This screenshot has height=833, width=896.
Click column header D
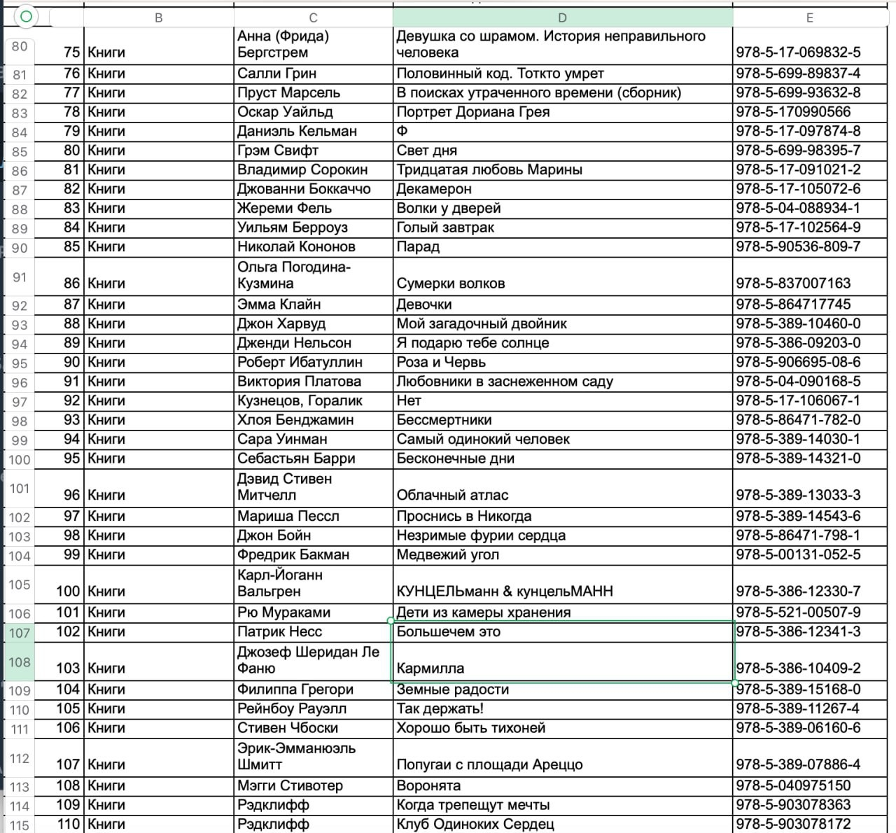(562, 17)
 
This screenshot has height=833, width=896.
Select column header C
(313, 17)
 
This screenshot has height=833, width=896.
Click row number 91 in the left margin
(20, 277)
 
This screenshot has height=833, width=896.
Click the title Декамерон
(434, 189)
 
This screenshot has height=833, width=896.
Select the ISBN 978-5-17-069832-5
(798, 52)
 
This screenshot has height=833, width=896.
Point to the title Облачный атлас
(452, 495)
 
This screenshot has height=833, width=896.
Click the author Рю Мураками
(283, 612)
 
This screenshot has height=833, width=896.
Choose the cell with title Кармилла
(430, 668)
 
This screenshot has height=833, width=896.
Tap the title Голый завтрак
(445, 227)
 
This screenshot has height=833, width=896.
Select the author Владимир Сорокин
(302, 169)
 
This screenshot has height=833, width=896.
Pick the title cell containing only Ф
(402, 131)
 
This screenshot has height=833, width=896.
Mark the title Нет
(409, 400)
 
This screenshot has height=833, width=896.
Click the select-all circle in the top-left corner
(26, 16)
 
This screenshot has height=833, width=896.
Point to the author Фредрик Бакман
(293, 554)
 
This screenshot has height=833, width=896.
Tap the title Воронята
(428, 785)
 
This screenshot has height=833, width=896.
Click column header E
(810, 17)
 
